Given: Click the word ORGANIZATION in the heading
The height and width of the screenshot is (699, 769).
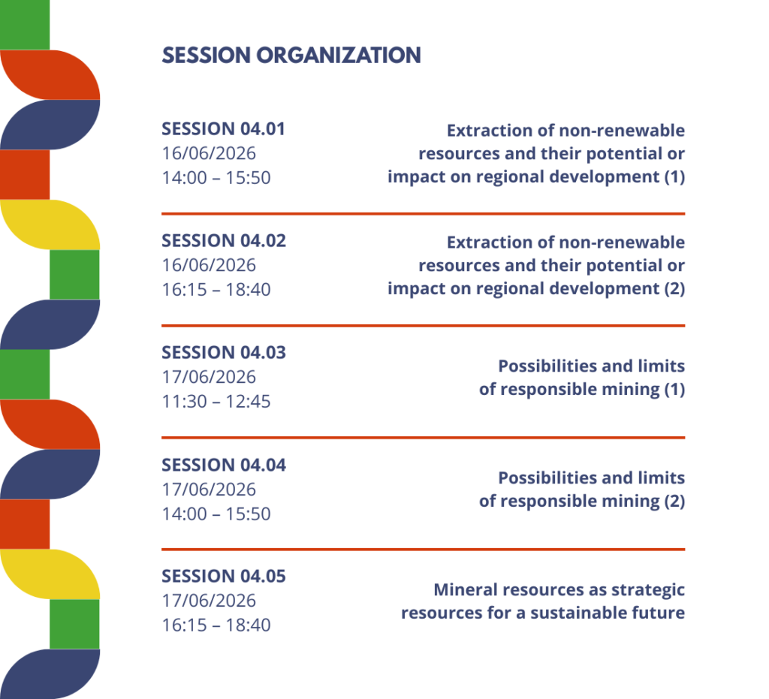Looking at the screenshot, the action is pyautogui.click(x=339, y=56).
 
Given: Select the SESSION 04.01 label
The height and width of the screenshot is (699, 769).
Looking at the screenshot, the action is pyautogui.click(x=223, y=129).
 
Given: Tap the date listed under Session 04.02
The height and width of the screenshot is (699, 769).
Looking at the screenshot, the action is pyautogui.click(x=209, y=265).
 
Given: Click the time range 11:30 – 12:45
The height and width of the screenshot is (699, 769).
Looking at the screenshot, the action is pyautogui.click(x=216, y=402).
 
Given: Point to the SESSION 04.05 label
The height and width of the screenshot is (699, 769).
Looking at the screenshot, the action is pyautogui.click(x=224, y=576).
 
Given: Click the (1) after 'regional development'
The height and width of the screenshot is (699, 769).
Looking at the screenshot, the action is pyautogui.click(x=674, y=176).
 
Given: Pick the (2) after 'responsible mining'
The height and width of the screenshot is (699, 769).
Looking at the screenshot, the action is pyautogui.click(x=674, y=501).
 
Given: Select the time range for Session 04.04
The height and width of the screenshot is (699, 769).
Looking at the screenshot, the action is pyautogui.click(x=216, y=514).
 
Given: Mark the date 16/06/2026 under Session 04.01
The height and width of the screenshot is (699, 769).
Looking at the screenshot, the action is pyautogui.click(x=209, y=153).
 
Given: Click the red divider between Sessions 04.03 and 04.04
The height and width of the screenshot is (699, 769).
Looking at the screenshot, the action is pyautogui.click(x=424, y=438).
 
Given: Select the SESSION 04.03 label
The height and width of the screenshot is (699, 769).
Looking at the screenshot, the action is pyautogui.click(x=224, y=352).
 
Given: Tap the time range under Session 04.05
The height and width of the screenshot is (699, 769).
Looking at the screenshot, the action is pyautogui.click(x=216, y=625).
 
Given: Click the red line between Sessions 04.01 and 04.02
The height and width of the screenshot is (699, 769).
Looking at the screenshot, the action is pyautogui.click(x=424, y=214).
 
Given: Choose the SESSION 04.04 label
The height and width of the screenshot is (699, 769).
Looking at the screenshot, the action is pyautogui.click(x=224, y=465).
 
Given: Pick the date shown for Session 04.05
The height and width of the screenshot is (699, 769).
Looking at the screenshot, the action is pyautogui.click(x=209, y=601).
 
